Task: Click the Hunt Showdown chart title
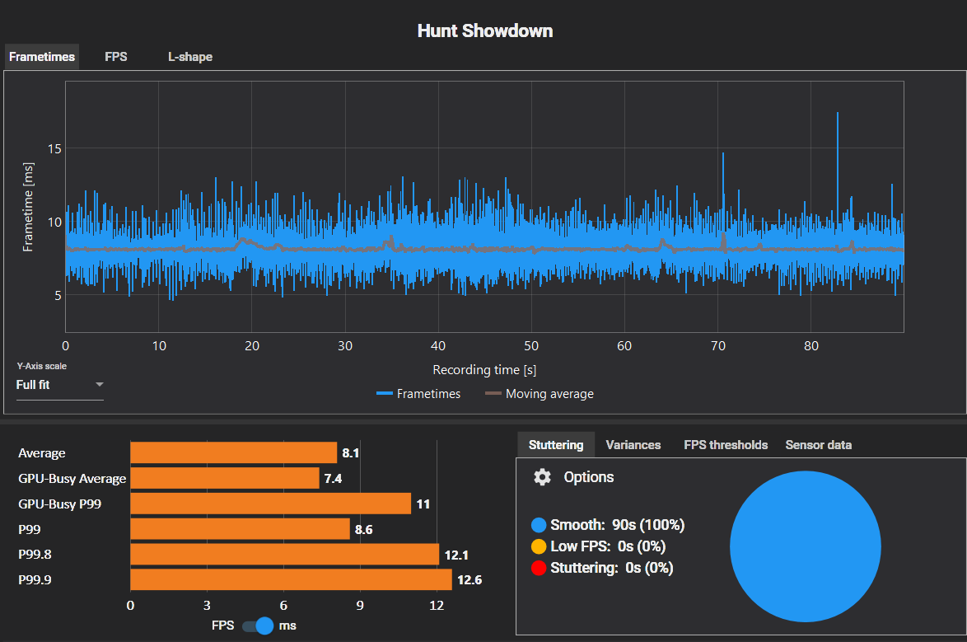[x=484, y=31]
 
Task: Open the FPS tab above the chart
[x=116, y=57]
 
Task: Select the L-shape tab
[x=190, y=57]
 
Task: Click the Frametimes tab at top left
[x=42, y=57]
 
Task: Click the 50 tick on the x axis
[x=531, y=345]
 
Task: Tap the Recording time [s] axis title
[x=484, y=370]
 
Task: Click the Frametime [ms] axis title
[x=28, y=207]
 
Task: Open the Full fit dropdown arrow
[x=100, y=385]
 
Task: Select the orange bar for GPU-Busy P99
[x=270, y=504]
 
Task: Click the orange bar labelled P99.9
[x=291, y=579]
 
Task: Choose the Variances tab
[x=633, y=445]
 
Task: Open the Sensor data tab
[x=819, y=445]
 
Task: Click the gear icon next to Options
[x=542, y=477]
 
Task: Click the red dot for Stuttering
[x=540, y=568]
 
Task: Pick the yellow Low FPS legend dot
[x=540, y=546]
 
